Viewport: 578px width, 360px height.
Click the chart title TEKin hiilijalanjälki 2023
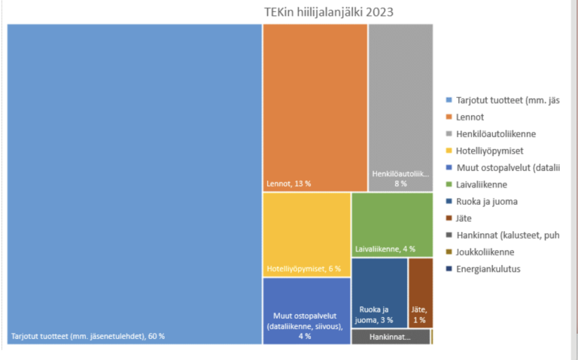[x=328, y=12]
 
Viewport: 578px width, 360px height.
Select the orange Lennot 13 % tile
[x=315, y=105]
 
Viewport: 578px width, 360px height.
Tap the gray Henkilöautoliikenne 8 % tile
[x=400, y=105]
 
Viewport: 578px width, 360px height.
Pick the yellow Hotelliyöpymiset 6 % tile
[x=306, y=233]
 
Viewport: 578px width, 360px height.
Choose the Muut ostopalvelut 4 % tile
[x=306, y=310]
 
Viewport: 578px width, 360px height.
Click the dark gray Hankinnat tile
[x=391, y=337]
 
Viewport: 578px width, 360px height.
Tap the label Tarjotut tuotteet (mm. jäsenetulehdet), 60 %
[x=88, y=336]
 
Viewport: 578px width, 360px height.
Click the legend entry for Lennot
[x=469, y=117]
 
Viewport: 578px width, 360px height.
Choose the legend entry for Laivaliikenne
[x=482, y=185]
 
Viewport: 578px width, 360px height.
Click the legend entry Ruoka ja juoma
[x=486, y=201]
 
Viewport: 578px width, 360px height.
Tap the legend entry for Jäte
[x=464, y=218]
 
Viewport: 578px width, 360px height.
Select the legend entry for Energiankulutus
[x=488, y=269]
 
